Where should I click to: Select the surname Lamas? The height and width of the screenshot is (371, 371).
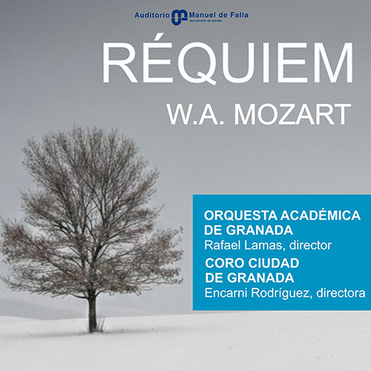click(260, 245)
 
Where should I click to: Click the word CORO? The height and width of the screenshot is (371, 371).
click(223, 263)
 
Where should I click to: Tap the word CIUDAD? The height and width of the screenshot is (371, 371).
click(275, 263)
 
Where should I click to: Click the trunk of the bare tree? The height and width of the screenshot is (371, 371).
click(92, 312)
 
